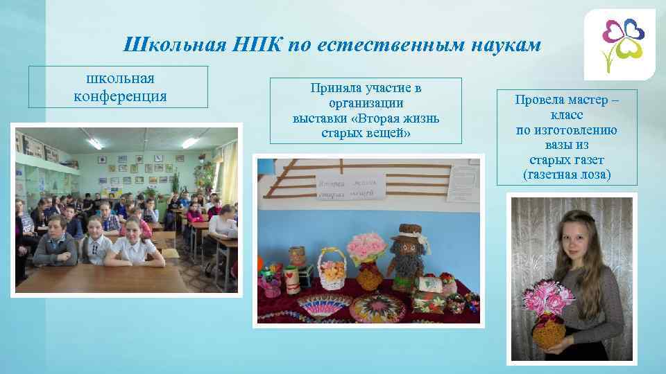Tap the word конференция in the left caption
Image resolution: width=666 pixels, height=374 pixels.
pos(119,96)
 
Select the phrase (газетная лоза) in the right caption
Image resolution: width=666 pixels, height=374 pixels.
pos(567,174)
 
